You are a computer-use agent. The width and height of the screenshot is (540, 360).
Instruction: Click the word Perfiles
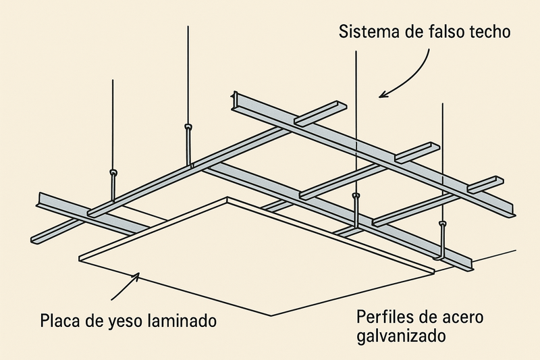coord(383,317)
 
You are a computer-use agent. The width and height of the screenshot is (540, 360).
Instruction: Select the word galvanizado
coord(401,336)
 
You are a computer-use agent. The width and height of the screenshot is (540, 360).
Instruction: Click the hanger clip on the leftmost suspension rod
coord(113,174)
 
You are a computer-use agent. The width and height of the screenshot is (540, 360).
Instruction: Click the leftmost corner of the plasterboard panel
coord(79,257)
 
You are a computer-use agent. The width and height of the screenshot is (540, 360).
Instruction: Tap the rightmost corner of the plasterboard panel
coord(435,272)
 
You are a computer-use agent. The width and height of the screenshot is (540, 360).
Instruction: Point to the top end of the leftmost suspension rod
coord(113,80)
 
